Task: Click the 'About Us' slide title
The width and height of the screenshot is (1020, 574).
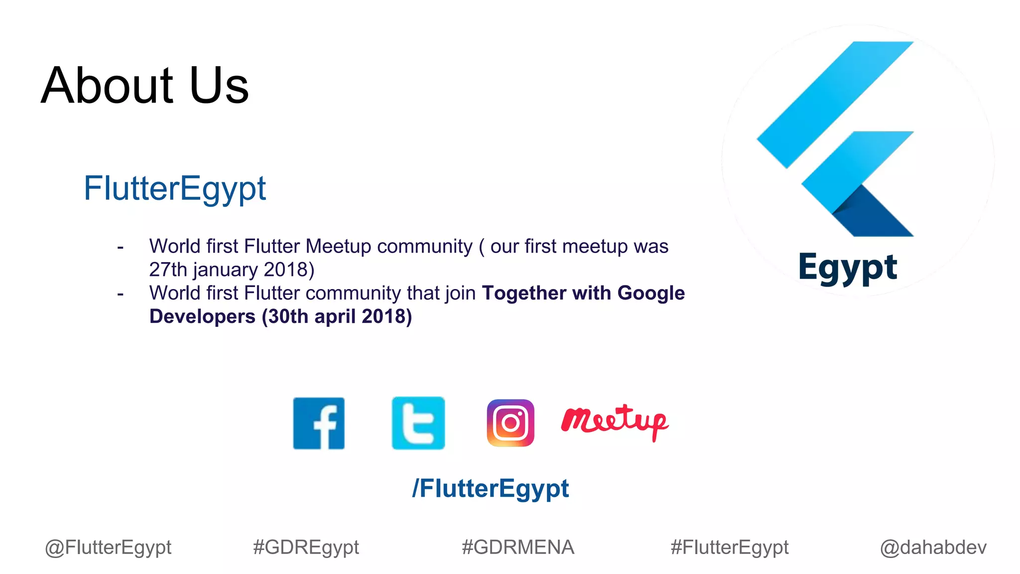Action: [x=144, y=86]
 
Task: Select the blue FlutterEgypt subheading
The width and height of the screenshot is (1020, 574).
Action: [x=175, y=189]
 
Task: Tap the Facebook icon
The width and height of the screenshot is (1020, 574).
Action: [x=319, y=424]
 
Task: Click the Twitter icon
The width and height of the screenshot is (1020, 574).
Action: [x=418, y=424]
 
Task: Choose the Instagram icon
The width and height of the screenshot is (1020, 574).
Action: [x=510, y=423]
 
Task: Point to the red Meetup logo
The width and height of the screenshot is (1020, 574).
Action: [x=615, y=422]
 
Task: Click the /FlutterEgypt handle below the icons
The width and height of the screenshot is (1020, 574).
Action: [x=491, y=488]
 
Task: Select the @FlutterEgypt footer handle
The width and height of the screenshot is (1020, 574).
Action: [x=108, y=548]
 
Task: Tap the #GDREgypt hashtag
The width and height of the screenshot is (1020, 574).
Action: [x=306, y=548]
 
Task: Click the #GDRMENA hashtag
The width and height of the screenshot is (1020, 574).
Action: [x=518, y=548]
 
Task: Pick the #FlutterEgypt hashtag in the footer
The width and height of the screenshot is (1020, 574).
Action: [x=730, y=548]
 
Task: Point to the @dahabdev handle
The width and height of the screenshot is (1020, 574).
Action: [x=933, y=548]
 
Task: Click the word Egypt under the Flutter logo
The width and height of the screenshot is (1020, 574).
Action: [x=848, y=268]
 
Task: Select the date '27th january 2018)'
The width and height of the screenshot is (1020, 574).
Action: [x=232, y=270]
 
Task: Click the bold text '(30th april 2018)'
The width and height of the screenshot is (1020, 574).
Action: [x=337, y=317]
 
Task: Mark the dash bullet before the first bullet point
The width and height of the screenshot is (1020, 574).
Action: [x=120, y=247]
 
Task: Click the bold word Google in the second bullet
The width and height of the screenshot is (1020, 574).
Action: [x=651, y=293]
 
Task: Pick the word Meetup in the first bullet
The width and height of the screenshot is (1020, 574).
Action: [x=338, y=247]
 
